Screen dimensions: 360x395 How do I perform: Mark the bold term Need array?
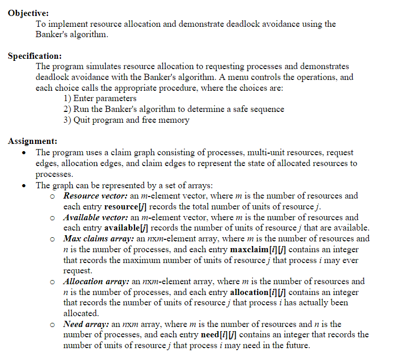coord(86,324)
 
